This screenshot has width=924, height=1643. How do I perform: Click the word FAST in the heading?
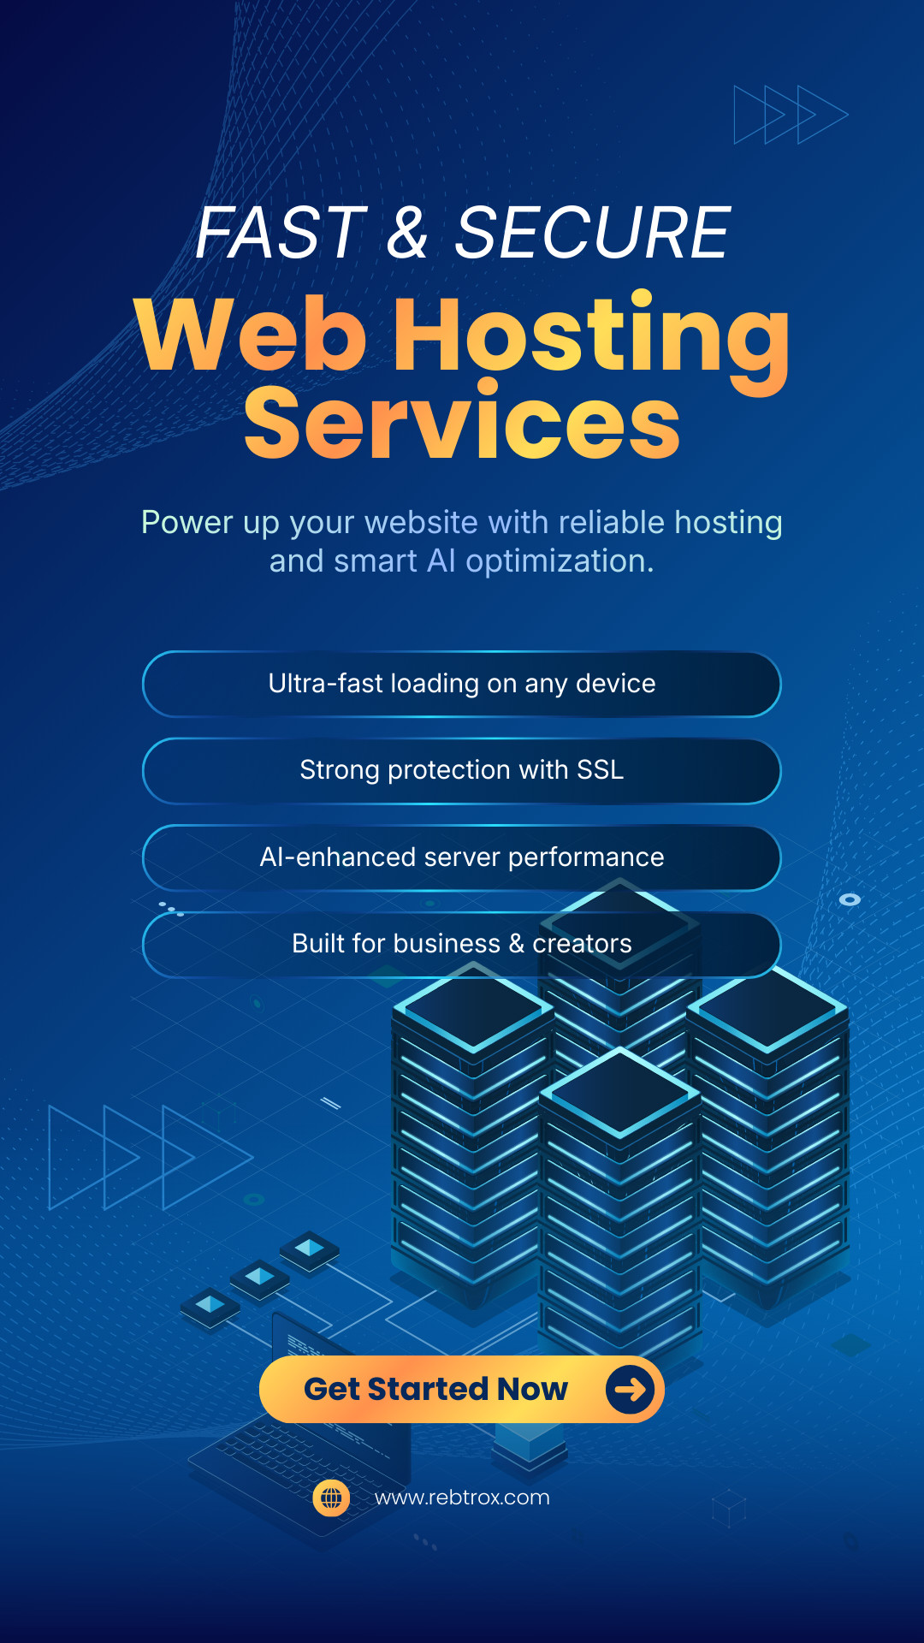point(281,233)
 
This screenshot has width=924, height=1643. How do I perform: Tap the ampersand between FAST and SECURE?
point(407,233)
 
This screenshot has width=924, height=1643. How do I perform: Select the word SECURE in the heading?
point(592,233)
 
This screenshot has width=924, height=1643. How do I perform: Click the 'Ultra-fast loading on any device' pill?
point(462,684)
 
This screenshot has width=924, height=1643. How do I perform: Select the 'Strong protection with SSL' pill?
point(462,770)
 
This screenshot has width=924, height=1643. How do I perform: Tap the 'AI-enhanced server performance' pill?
point(462,857)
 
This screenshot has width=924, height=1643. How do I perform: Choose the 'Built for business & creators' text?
point(462,944)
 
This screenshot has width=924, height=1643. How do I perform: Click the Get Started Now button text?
point(435,1389)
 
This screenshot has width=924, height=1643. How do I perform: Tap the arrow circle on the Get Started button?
point(631,1389)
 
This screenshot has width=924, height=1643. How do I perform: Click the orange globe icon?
point(331,1498)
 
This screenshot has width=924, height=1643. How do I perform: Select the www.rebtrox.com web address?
point(462,1498)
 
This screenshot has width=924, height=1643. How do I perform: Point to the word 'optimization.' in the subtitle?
point(560,561)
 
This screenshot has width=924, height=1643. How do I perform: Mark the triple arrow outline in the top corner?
point(791,114)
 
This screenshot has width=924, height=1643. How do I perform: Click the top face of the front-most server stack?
point(620,1091)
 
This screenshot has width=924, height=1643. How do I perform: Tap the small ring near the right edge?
point(850,899)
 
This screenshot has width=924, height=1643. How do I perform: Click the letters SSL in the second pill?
point(601,770)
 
